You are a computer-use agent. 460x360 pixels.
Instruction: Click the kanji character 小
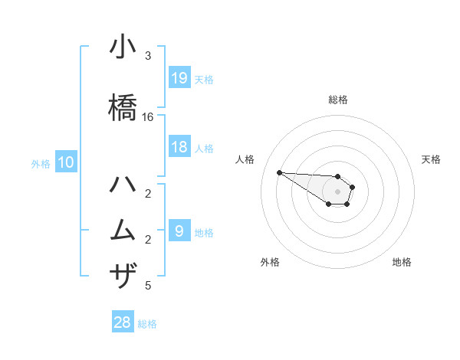tap(123, 50)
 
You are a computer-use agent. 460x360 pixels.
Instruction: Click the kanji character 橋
tap(123, 106)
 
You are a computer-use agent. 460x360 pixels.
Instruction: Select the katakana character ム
tap(123, 229)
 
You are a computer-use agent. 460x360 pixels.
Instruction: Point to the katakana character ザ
tap(123, 275)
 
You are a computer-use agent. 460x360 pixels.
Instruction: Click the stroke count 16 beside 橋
tap(148, 117)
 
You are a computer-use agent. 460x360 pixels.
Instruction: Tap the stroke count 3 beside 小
tap(148, 56)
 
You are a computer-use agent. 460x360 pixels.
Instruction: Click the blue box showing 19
tap(179, 77)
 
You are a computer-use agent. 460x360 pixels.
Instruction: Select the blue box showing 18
tap(179, 147)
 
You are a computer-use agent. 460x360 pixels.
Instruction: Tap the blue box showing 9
tap(179, 231)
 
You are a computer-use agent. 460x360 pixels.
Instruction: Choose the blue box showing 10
tap(65, 162)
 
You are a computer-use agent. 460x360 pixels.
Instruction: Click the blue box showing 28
tap(123, 322)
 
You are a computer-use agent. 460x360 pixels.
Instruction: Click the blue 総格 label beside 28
tap(147, 324)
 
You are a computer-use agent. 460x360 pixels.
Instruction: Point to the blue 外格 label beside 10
tap(41, 163)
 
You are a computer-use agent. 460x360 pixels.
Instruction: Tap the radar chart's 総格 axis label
tap(337, 100)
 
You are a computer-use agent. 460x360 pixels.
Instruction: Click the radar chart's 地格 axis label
tap(402, 262)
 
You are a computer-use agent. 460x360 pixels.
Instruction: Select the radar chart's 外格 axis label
tap(270, 262)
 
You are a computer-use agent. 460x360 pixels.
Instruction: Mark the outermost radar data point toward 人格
tap(279, 172)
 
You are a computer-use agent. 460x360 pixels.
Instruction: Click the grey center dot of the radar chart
tap(337, 191)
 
